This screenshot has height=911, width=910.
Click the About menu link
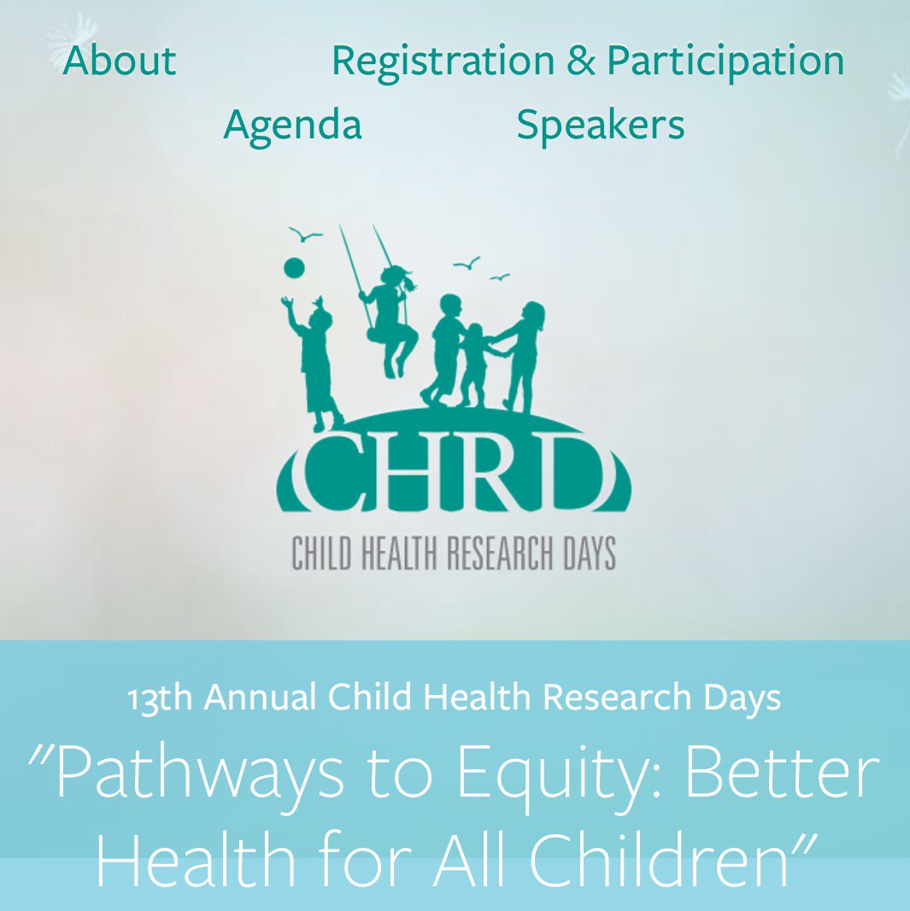tap(120, 60)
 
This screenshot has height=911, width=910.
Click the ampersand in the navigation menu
tap(581, 61)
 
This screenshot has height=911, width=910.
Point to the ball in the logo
tap(294, 268)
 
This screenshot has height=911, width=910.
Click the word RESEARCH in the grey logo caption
tap(500, 553)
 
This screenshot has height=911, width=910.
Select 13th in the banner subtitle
tap(160, 698)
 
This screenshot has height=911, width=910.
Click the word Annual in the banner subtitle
tap(260, 697)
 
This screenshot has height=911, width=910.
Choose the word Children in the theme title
tap(658, 859)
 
